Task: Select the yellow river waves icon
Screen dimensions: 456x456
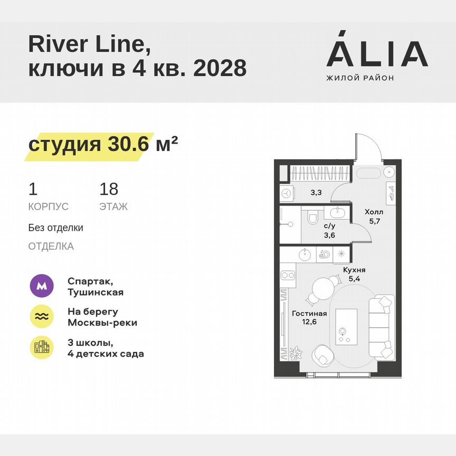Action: click(x=41, y=316)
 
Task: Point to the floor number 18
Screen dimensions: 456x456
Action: click(x=109, y=189)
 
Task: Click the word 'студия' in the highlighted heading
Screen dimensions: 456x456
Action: click(x=64, y=145)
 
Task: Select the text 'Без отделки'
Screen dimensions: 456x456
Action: click(x=56, y=228)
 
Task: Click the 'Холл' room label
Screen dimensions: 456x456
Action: click(x=374, y=212)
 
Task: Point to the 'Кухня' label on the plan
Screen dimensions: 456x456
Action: click(x=354, y=270)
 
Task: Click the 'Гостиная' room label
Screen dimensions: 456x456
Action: click(x=309, y=313)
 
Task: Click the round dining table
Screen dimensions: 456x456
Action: click(x=323, y=288)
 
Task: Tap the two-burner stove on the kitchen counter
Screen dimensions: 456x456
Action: click(x=288, y=275)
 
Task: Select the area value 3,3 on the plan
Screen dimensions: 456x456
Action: click(x=316, y=193)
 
